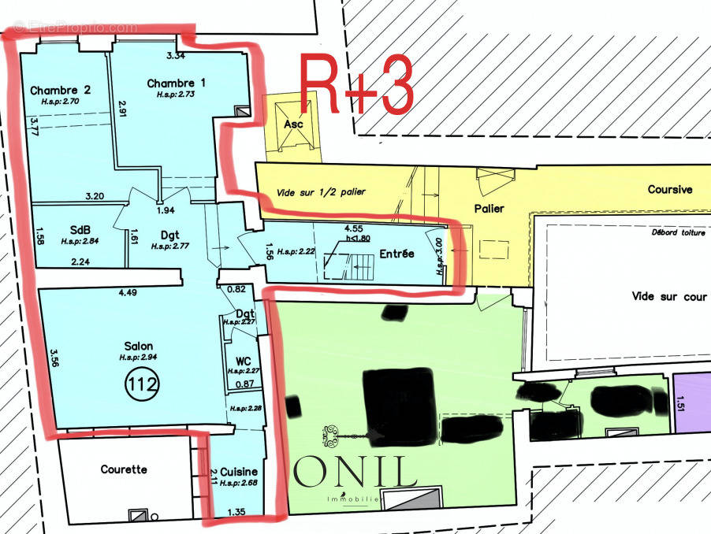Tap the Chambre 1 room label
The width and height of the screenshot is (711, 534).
coord(176,83)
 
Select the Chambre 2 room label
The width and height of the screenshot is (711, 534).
coord(61,91)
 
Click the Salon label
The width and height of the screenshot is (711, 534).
coord(138,346)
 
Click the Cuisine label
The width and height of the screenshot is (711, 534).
coord(239,471)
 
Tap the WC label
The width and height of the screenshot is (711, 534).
coord(243,362)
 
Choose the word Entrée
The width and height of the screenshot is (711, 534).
coord(396,254)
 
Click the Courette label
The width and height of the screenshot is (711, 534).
coord(124,469)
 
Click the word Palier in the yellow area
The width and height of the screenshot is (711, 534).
coord(489,208)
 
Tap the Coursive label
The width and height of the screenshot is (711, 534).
coord(670,190)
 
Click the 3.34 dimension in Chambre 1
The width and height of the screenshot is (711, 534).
coord(176,56)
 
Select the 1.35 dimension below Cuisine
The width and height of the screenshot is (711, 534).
coord(236,513)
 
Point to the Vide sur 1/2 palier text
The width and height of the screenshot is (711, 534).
coord(322,193)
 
